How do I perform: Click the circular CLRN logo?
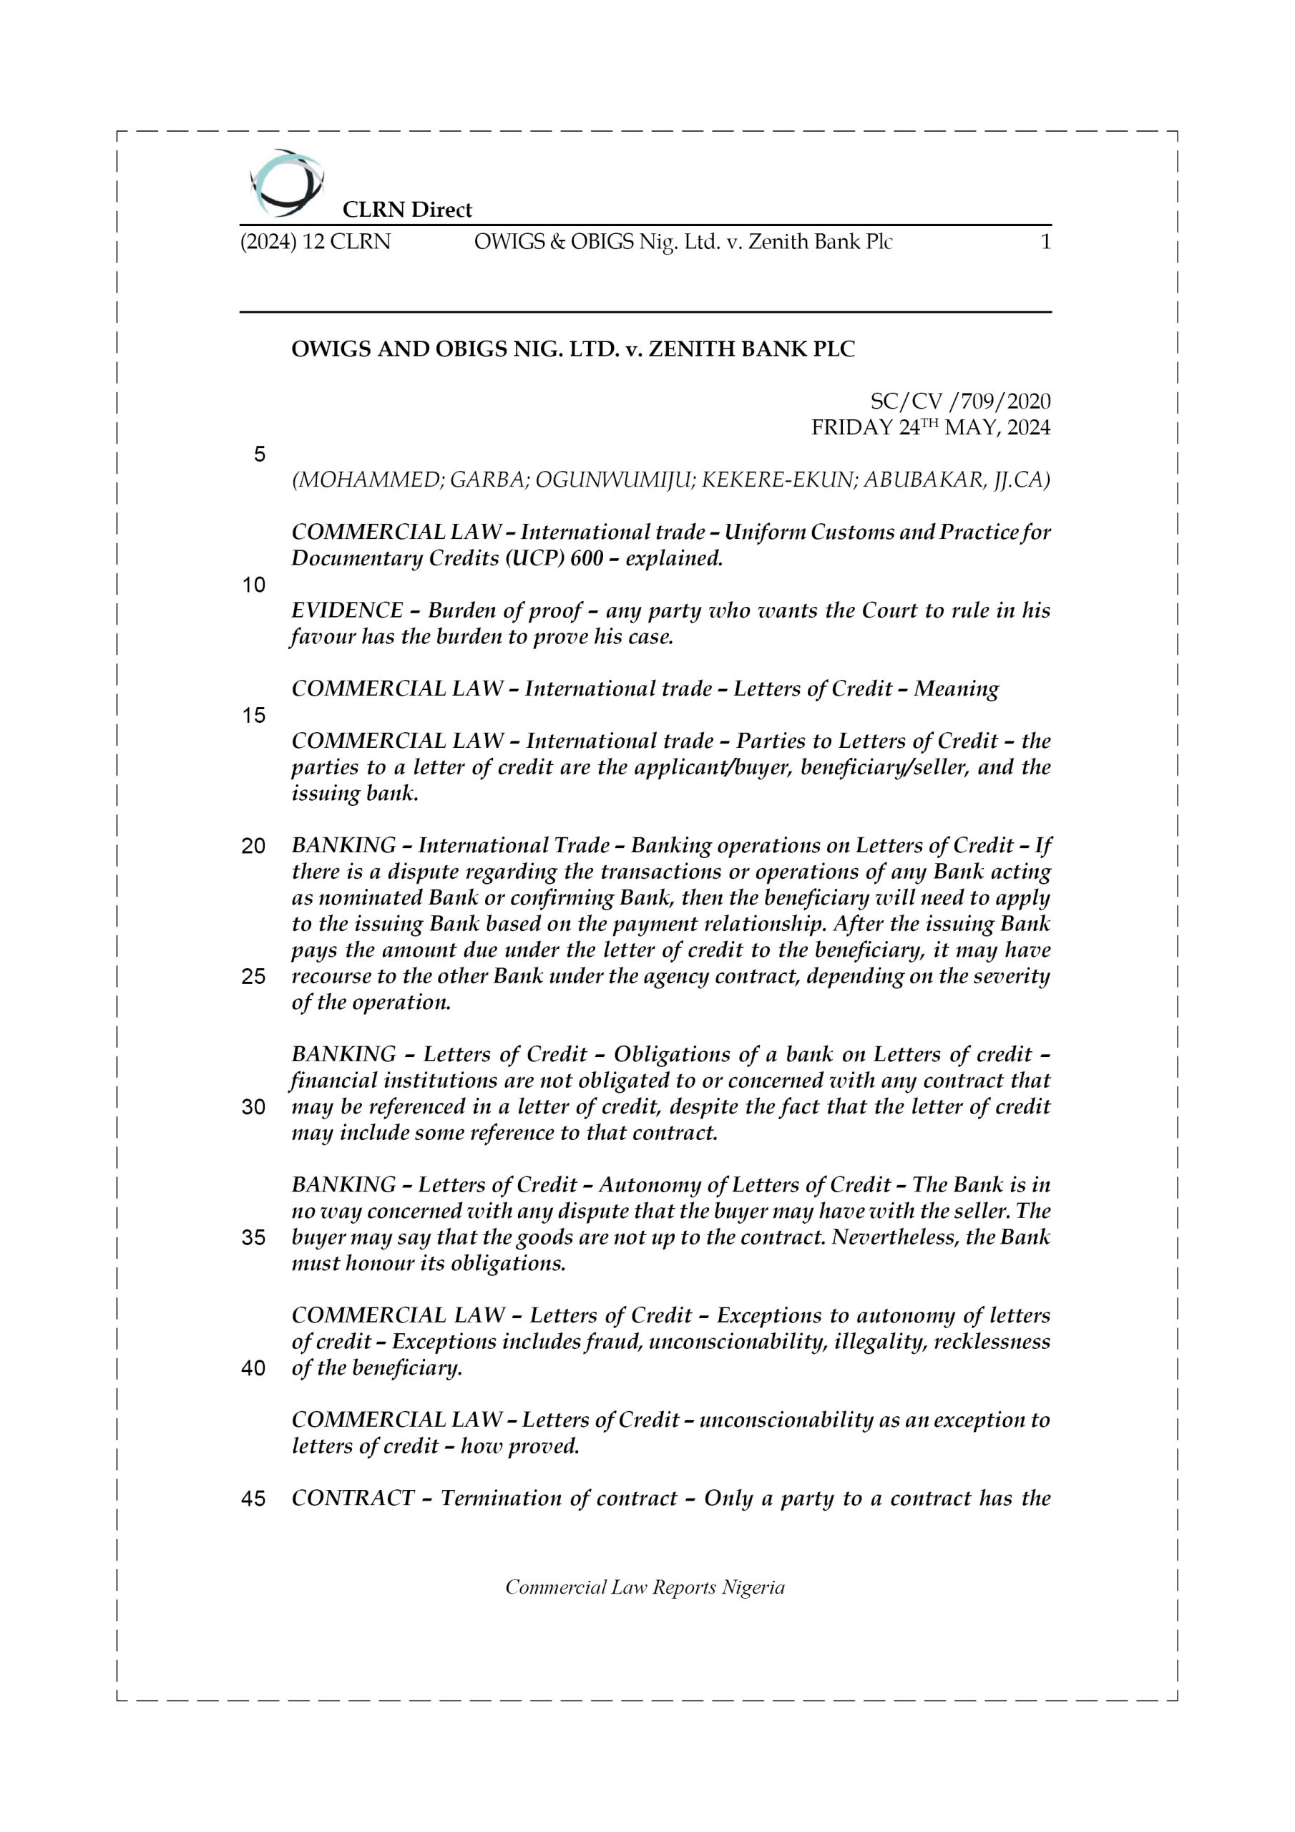click(286, 182)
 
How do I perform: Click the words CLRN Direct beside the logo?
click(407, 210)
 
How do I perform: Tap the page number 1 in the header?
click(1045, 242)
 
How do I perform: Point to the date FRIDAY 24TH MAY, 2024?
click(930, 428)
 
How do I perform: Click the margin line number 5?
click(259, 454)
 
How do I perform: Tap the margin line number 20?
click(253, 846)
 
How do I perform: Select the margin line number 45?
click(253, 1499)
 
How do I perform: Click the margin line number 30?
click(253, 1108)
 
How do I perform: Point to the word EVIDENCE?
click(346, 610)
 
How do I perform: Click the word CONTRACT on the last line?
click(353, 1498)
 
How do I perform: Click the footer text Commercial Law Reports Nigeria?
click(645, 1587)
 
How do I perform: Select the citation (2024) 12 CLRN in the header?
click(316, 242)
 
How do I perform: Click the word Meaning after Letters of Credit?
click(956, 688)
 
